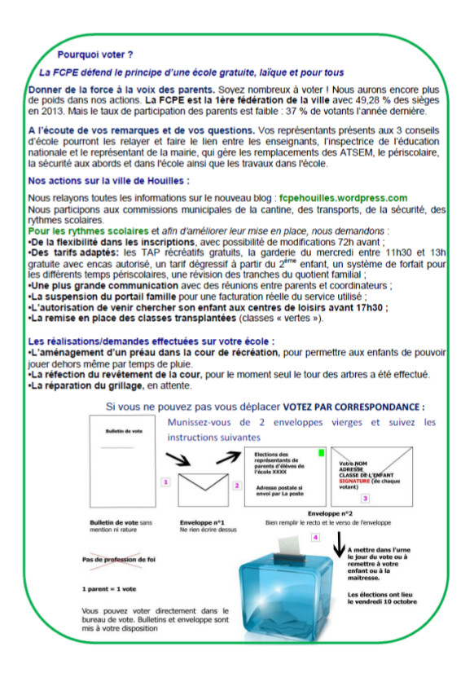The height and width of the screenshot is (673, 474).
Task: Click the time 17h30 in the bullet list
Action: [366, 307]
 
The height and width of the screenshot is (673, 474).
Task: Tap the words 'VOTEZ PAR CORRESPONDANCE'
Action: [353, 407]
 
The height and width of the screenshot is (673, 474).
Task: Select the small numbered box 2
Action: [237, 486]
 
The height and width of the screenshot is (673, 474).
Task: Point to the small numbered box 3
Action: [366, 497]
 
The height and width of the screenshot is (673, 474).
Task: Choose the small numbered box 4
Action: [327, 537]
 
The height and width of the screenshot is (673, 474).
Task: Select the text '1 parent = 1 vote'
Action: [111, 587]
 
